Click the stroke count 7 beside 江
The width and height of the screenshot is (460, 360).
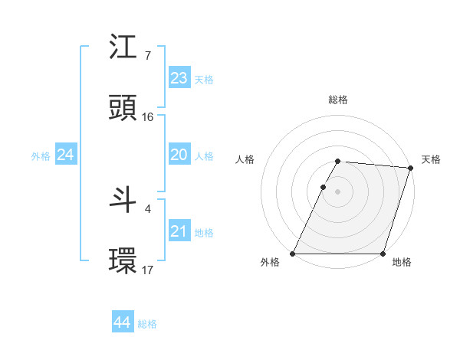pos(147,56)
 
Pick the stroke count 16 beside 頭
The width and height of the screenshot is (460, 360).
pos(148,117)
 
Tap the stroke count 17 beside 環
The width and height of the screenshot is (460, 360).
pos(148,270)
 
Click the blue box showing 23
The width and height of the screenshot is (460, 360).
pos(179,78)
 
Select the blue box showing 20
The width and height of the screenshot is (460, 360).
pos(179,155)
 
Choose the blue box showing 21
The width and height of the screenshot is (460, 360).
pos(179,231)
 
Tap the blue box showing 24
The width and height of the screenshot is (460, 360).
pos(66,155)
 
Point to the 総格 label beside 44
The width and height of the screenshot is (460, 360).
pos(147,324)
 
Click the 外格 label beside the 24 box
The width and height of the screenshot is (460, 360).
pos(41,156)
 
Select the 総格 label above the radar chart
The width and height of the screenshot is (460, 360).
pos(338,100)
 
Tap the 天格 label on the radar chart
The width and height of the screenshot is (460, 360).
pos(431,159)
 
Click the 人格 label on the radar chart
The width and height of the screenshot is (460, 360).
pos(245,159)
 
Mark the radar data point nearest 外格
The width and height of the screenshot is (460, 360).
pos(293,254)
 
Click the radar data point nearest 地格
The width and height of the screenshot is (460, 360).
pos(383,254)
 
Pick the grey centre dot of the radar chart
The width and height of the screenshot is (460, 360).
pos(338,191)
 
